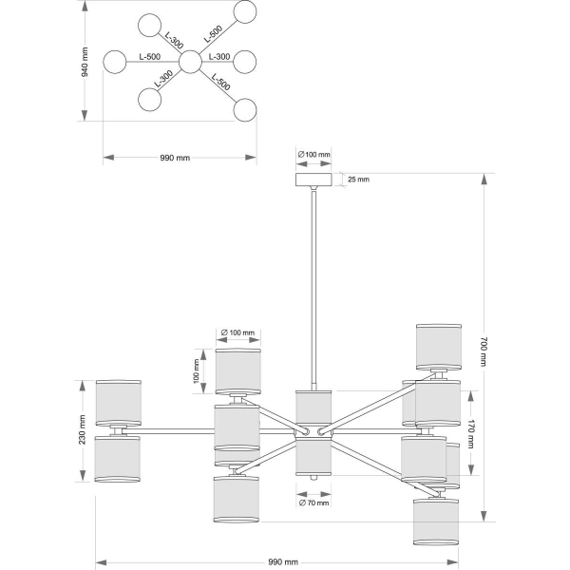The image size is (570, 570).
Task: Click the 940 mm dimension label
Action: [x=85, y=62]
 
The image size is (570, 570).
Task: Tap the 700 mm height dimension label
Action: [x=484, y=351]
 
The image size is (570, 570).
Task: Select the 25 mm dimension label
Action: [x=358, y=180]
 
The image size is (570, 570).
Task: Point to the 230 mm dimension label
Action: [x=83, y=429]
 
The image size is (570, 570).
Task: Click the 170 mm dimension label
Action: [x=471, y=434]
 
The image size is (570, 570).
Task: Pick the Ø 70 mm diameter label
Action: [x=313, y=503]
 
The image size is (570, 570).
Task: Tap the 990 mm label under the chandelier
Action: [x=283, y=562]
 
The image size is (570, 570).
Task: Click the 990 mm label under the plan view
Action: [x=175, y=158]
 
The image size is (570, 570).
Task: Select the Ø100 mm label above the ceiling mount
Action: [x=314, y=155]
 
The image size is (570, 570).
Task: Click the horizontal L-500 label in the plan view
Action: [x=150, y=57]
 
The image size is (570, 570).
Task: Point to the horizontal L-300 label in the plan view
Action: [x=219, y=57]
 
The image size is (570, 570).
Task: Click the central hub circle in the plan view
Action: [x=190, y=62]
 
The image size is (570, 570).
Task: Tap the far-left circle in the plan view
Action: [x=115, y=62]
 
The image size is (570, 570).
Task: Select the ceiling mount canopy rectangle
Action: [x=313, y=180]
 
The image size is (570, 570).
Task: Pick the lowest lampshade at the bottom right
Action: [x=436, y=522]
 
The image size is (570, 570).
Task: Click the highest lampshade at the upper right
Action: [x=439, y=347]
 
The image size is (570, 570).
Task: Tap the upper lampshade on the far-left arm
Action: [x=119, y=403]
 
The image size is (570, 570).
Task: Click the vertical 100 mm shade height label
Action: [x=197, y=371]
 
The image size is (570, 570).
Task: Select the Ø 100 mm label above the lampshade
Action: [x=238, y=332]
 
